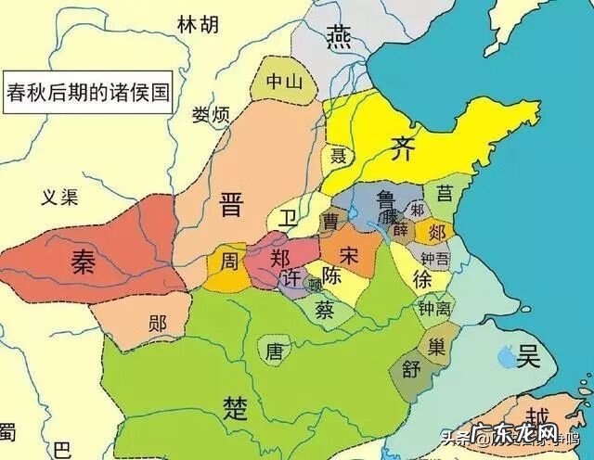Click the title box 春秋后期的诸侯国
[89, 93]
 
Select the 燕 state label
[338, 36]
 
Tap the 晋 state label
[232, 205]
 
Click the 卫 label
[291, 219]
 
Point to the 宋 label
[350, 251]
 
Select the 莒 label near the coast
[445, 193]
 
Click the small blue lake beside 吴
[506, 353]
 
